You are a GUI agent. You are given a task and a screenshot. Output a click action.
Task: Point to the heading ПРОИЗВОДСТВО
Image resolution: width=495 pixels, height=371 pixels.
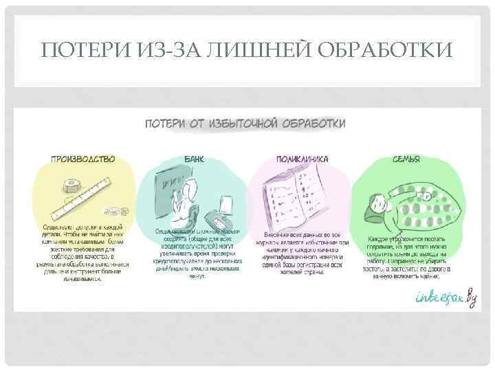[82, 159]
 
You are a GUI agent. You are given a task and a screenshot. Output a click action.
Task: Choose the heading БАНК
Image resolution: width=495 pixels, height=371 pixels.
[195, 159]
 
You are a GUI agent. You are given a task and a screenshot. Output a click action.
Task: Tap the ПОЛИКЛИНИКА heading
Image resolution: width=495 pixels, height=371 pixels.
[302, 159]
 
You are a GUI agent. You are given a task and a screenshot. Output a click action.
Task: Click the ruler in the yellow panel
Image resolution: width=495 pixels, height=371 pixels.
[82, 199]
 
